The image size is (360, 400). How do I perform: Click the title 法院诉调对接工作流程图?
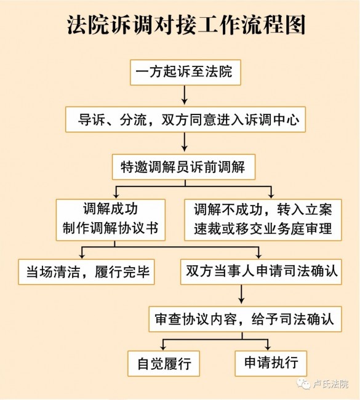[186, 25]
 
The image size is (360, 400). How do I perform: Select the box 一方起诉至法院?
[185, 73]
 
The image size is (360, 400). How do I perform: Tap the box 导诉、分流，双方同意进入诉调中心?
[185, 119]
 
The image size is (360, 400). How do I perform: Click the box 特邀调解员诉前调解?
[184, 167]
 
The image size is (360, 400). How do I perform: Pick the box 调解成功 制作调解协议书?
[111, 220]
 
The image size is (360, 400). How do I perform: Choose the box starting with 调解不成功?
[263, 220]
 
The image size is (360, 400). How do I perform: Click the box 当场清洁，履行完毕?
[87, 272]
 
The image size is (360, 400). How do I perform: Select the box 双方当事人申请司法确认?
[261, 272]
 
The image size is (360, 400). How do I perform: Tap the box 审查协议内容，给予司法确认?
[245, 319]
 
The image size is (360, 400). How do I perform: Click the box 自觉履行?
[164, 364]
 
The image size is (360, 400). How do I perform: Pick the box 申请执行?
[271, 364]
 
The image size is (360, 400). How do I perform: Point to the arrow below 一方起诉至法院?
[185, 95]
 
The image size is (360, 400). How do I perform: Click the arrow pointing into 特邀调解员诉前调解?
[185, 142]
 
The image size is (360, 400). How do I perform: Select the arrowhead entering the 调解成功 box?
[116, 196]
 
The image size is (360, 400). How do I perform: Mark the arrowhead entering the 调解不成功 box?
[271, 196]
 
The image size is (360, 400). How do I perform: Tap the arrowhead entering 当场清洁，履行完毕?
[82, 255]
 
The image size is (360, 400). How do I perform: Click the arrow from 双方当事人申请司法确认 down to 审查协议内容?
[241, 294]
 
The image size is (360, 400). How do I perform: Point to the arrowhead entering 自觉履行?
[163, 347]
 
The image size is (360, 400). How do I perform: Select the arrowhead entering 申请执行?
[268, 347]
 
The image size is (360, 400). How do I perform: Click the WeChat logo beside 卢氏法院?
[303, 383]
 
